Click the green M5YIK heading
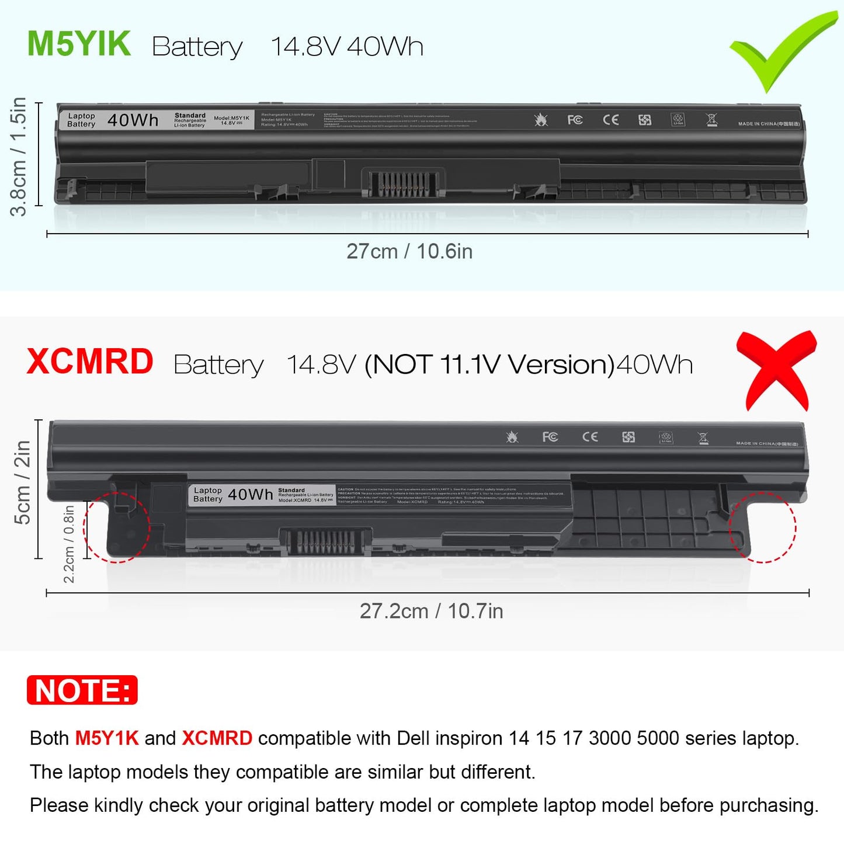pyautogui.click(x=79, y=44)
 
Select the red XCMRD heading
pyautogui.click(x=90, y=362)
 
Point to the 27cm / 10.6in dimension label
pyautogui.click(x=409, y=251)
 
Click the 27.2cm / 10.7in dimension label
pyautogui.click(x=431, y=611)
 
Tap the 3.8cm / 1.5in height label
pyautogui.click(x=19, y=156)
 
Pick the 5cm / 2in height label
pyautogui.click(x=22, y=482)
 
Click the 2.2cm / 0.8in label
pyautogui.click(x=69, y=544)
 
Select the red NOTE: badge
pyautogui.click(x=82, y=690)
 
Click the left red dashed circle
pyautogui.click(x=117, y=527)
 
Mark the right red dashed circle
pyautogui.click(x=762, y=527)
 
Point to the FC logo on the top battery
pyautogui.click(x=575, y=120)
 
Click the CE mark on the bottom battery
pyautogui.click(x=590, y=437)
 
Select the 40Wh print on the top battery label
pyautogui.click(x=133, y=120)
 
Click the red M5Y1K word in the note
pyautogui.click(x=107, y=738)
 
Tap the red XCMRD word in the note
pyautogui.click(x=217, y=738)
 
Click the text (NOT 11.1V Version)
pyautogui.click(x=489, y=365)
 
